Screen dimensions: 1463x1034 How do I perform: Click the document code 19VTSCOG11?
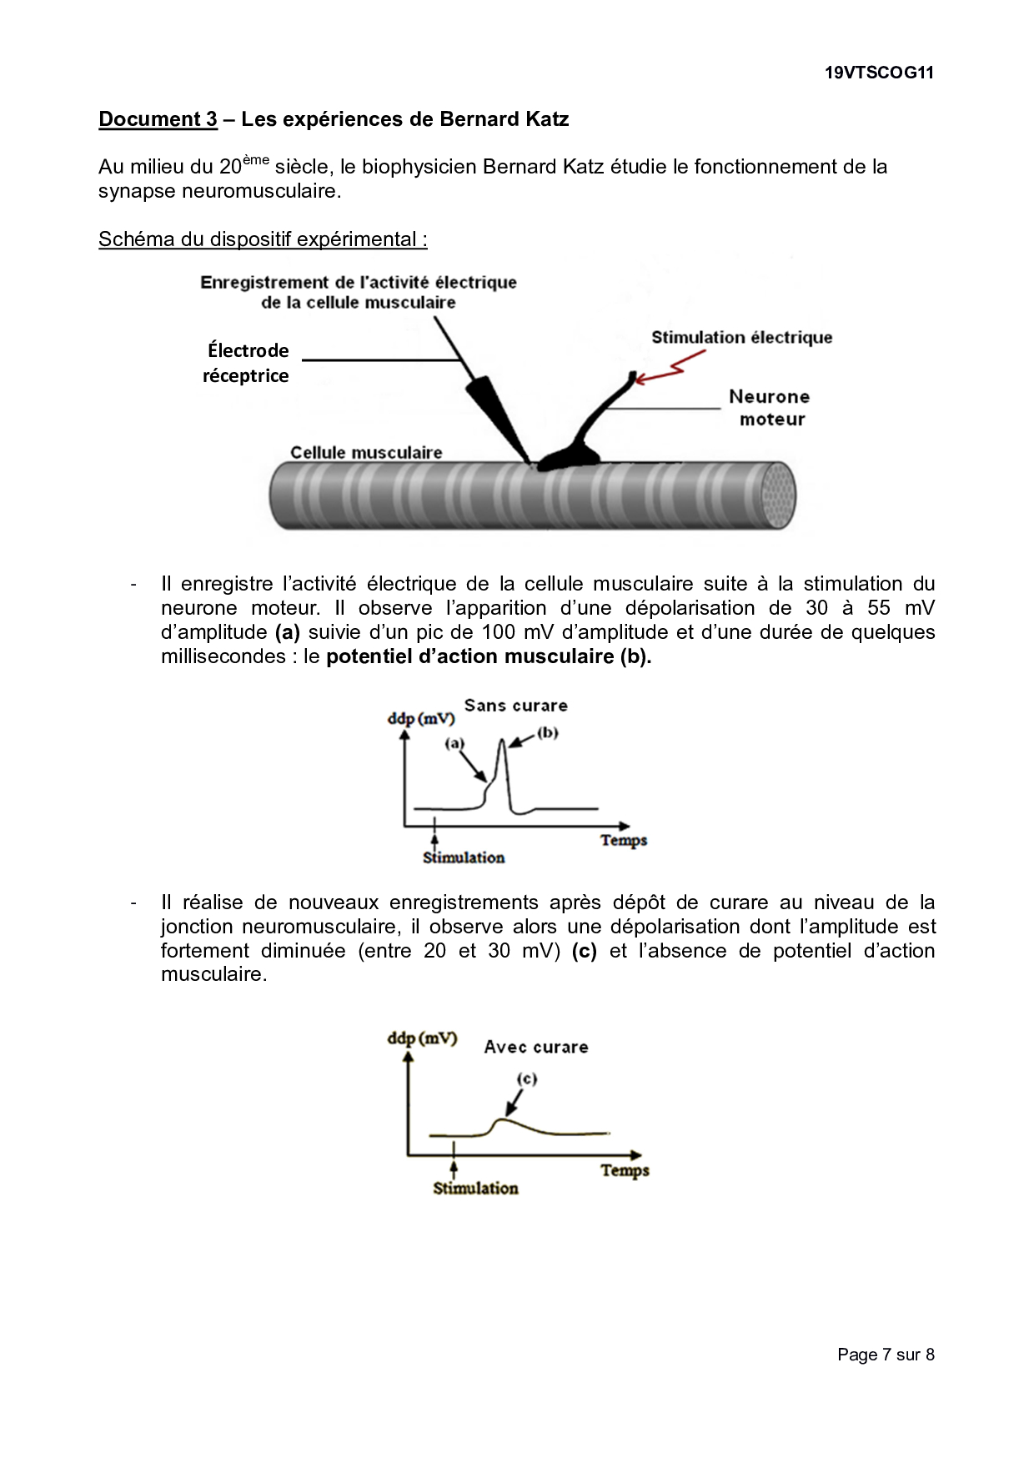[879, 73]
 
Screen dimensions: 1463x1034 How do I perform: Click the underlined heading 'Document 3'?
[158, 119]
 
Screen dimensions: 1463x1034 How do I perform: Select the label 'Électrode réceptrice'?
[247, 363]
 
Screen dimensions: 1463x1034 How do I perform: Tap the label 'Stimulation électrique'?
[741, 338]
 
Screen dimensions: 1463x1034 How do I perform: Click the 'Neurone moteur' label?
[769, 408]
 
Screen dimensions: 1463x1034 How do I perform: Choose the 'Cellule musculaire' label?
[366, 453]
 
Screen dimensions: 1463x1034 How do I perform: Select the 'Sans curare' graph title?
[515, 706]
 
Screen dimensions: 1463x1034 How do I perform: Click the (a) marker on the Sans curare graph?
[454, 743]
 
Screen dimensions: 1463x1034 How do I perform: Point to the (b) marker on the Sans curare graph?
[547, 733]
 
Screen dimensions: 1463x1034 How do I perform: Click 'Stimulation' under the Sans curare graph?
[464, 857]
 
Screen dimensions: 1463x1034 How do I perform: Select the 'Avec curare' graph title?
[536, 1047]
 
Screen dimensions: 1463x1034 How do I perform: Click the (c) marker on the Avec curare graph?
[527, 1078]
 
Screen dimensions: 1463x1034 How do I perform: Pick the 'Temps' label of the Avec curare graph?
[625, 1170]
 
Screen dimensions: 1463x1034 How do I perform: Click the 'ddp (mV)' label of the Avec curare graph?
[422, 1038]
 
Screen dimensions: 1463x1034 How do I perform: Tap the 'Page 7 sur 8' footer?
[886, 1355]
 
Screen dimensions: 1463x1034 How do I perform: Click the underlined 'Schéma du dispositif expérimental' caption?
[263, 239]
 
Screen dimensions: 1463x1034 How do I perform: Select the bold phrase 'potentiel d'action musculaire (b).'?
[489, 656]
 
